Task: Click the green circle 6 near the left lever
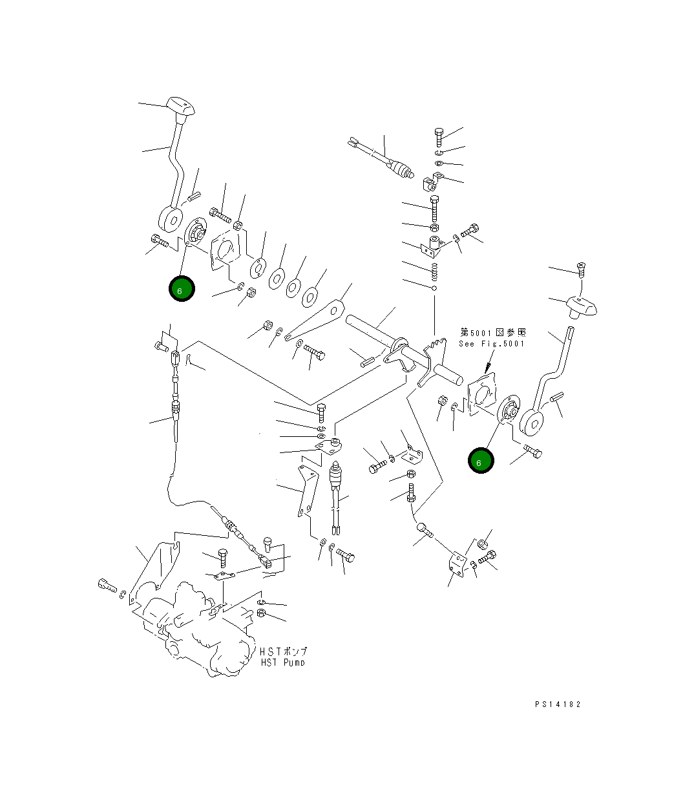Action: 181,289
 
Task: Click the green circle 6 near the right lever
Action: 480,461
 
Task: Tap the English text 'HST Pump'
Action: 282,662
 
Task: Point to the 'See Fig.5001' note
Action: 492,343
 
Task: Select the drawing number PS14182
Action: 557,704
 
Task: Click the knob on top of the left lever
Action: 180,108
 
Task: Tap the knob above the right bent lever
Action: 581,306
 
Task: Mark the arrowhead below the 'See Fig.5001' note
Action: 485,368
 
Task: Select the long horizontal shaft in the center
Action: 401,346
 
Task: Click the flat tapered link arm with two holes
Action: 317,321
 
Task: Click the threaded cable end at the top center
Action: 403,171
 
